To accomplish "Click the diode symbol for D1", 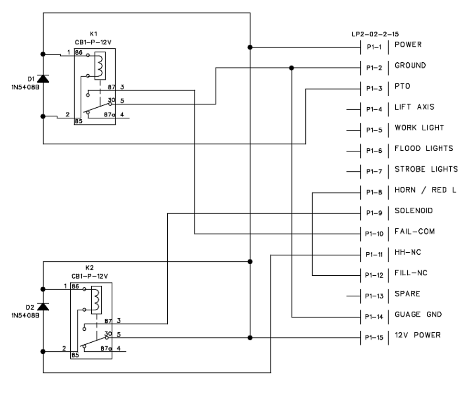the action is [43, 79].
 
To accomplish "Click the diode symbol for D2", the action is [43, 306].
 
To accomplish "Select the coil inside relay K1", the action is [100, 66].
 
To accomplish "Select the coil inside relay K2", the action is [96, 300].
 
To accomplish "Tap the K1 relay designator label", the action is [94, 34].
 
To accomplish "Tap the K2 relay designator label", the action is [89, 268].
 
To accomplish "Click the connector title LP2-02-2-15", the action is [375, 34].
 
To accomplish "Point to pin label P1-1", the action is [374, 47].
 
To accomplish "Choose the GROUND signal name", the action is [410, 65].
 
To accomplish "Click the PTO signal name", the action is [402, 86].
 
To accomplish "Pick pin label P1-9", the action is [374, 213].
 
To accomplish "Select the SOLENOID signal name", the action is [414, 211].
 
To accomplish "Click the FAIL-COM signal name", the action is [414, 231].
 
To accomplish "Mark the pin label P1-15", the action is [374, 337].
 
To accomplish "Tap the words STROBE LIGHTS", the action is [426, 169].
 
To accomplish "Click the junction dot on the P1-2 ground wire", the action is [292, 68].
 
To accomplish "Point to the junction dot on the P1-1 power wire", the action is [250, 47].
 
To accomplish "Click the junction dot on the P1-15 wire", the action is [250, 337].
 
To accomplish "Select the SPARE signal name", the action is [408, 294].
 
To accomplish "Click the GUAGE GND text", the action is [418, 314].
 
